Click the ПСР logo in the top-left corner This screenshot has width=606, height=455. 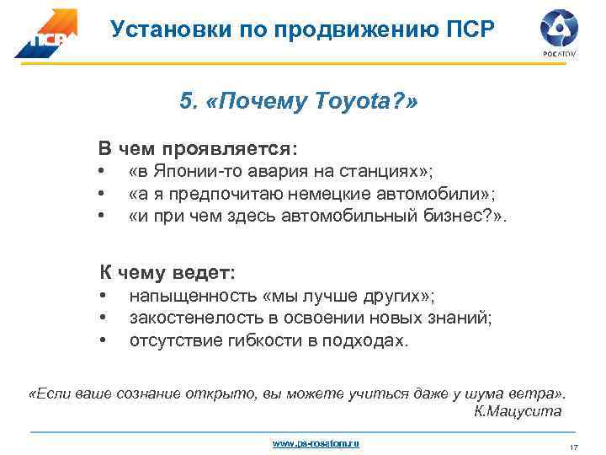[45, 35]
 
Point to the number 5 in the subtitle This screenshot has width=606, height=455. [186, 102]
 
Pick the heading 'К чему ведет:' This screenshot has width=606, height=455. [168, 273]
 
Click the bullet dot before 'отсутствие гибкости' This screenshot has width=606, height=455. [102, 340]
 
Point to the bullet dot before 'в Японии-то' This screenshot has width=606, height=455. [102, 172]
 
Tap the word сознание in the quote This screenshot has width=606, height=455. [137, 394]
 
